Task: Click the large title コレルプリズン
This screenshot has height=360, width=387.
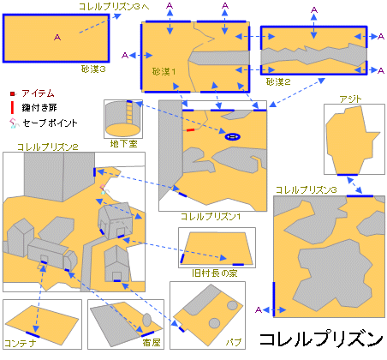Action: pos(321,339)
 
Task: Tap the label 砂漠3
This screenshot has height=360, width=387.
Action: pos(93,69)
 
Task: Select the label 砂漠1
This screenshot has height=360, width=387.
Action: pos(164,71)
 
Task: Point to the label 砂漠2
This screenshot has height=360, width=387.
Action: pos(278,82)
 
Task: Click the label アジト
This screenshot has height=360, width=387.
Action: pos(350,99)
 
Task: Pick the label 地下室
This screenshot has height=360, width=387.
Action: pos(123,143)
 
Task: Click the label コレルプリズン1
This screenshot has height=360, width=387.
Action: pos(211,217)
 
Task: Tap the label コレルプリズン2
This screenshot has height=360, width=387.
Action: pos(48,147)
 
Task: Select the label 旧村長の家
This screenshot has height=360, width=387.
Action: pos(214,273)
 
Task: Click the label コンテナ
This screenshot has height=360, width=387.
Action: pos(21,343)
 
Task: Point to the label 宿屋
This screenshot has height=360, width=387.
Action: pos(152,342)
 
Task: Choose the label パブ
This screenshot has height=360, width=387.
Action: pos(234,342)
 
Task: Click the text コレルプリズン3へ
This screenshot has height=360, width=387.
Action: pos(114,7)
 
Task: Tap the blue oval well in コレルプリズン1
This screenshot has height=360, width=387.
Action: pos(233,137)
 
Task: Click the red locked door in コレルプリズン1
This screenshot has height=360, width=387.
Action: pos(190,130)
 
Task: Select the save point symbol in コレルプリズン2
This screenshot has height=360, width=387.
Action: pos(103,189)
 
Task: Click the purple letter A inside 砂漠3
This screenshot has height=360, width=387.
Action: pos(57,38)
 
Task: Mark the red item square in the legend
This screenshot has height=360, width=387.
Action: pos(12,93)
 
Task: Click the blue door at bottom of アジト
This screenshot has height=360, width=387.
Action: pos(348,175)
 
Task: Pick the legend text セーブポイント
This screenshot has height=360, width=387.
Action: pos(51,123)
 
